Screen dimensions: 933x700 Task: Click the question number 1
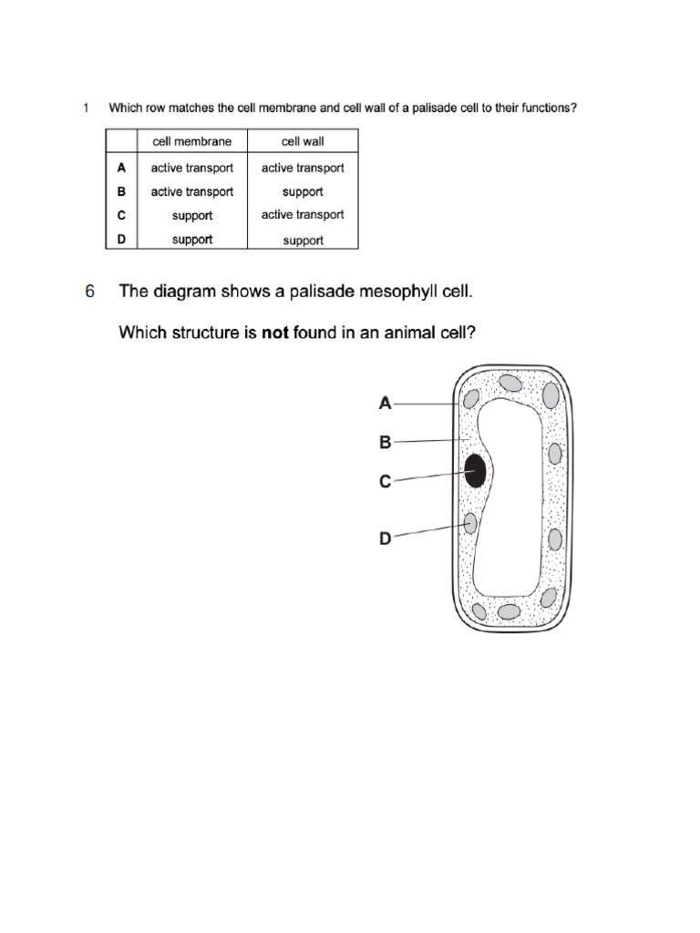[x=86, y=108]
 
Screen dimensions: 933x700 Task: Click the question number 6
[x=89, y=292]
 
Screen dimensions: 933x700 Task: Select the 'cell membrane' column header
[x=191, y=141]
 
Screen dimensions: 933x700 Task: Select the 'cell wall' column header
[x=303, y=141]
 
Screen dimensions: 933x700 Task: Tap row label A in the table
[x=121, y=168]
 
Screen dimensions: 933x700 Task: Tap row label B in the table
[x=121, y=191]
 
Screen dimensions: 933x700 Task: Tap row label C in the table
[x=121, y=216]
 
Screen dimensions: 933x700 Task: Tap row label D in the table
[x=121, y=240]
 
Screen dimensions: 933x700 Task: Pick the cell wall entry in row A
[x=303, y=168]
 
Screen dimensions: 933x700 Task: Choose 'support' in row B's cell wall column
[x=303, y=192]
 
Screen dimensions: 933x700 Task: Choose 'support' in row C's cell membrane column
[x=191, y=216]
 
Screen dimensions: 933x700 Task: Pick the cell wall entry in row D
[x=303, y=241]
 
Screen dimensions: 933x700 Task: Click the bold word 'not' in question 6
[x=275, y=333]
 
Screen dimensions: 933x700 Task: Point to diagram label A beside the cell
[x=386, y=403]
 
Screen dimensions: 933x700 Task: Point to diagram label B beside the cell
[x=386, y=443]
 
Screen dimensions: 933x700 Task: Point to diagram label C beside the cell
[x=386, y=482]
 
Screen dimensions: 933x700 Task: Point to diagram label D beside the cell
[x=386, y=538]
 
